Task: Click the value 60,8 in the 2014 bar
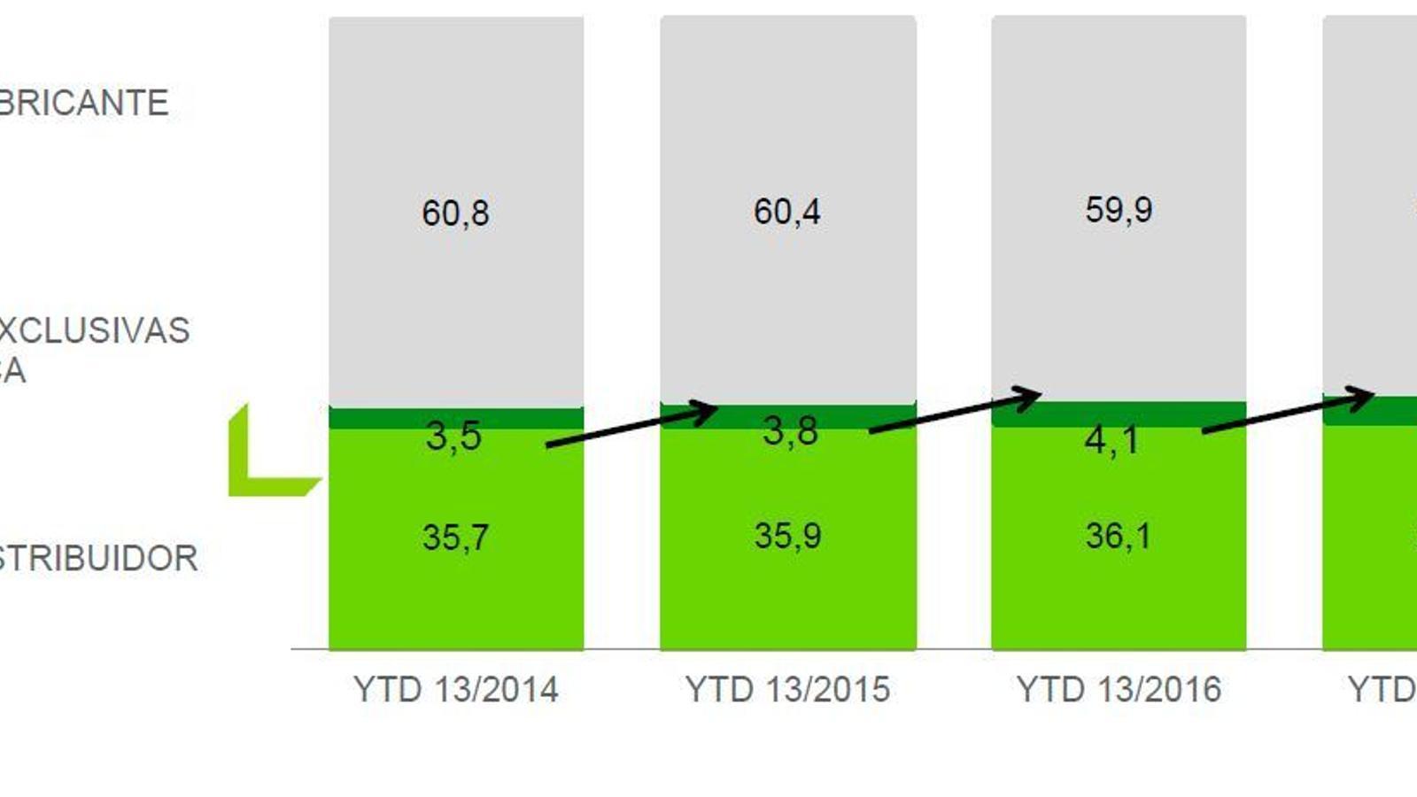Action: point(455,213)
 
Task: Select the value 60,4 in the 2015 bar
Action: point(786,212)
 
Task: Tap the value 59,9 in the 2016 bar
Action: point(1119,210)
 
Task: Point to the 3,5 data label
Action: point(453,436)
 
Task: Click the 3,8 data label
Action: point(790,431)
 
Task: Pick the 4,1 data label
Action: point(1112,440)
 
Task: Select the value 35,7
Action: point(455,538)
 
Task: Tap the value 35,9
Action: point(787,536)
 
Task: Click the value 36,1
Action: point(1119,536)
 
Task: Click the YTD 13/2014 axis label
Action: point(455,689)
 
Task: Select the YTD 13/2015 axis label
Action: point(787,689)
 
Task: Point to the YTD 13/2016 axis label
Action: point(1119,689)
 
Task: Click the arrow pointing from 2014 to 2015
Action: point(631,426)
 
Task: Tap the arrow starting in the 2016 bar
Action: point(1287,413)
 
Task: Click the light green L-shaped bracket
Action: point(257,469)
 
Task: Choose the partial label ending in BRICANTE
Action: point(84,103)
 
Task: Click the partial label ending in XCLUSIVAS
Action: point(94,330)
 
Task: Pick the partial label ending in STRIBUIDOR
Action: point(98,559)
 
